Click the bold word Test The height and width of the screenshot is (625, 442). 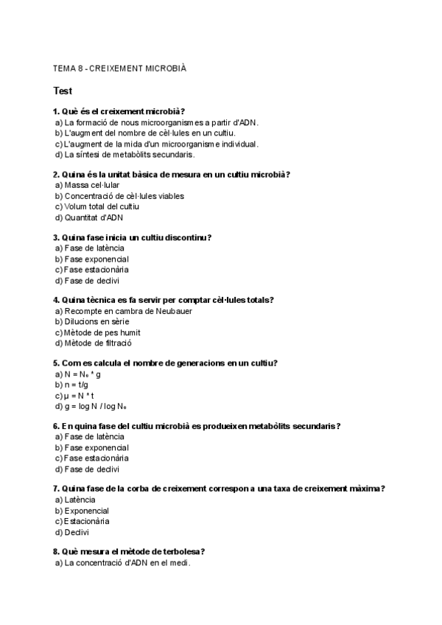(x=63, y=91)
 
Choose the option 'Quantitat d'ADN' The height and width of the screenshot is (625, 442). (x=94, y=217)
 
